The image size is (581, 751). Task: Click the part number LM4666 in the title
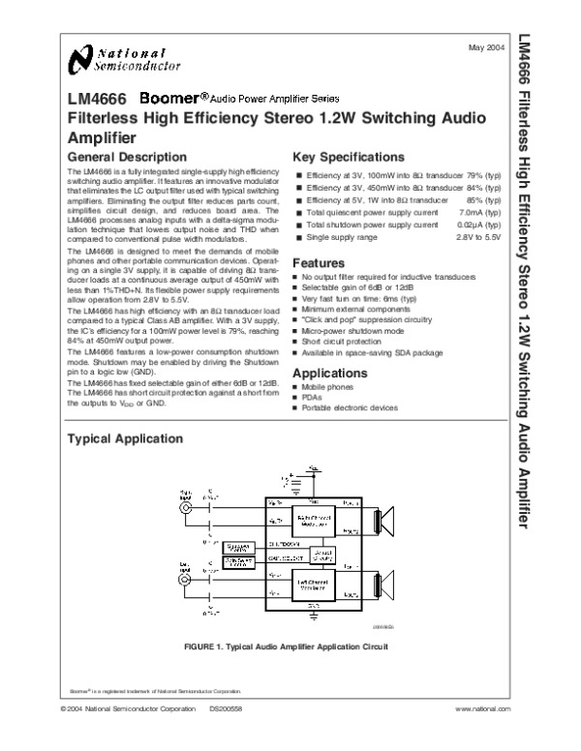(95, 100)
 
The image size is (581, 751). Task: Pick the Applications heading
(332, 372)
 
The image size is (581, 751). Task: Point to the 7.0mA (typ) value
(479, 211)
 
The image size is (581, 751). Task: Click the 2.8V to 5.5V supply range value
(478, 236)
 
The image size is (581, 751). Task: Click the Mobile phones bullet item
(329, 385)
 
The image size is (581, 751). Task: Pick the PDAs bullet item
(313, 397)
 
